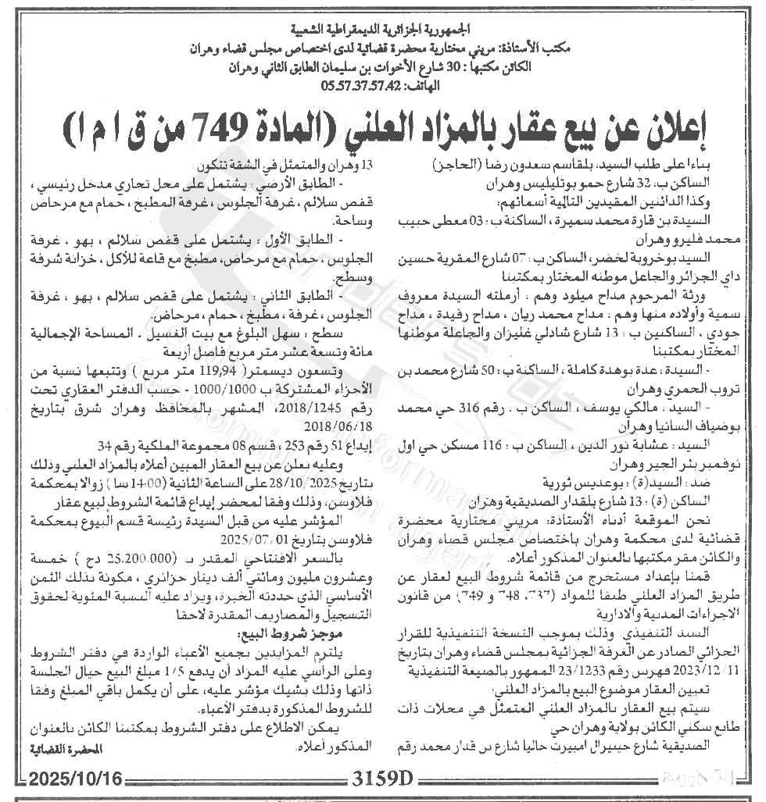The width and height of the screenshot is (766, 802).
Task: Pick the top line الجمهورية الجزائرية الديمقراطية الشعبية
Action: (382, 33)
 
